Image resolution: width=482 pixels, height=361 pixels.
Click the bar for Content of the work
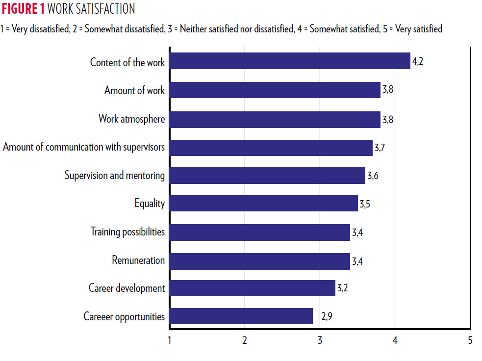click(x=289, y=61)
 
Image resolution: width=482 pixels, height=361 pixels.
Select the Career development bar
click(x=252, y=288)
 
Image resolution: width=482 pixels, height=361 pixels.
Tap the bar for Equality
click(x=263, y=203)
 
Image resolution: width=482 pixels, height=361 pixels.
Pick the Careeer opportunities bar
click(x=241, y=316)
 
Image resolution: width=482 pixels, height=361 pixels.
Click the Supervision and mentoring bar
click(x=267, y=175)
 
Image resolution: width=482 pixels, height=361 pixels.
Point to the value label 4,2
click(x=417, y=62)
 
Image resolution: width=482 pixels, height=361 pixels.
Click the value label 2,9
click(x=327, y=317)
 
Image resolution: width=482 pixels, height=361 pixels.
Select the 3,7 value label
click(x=380, y=147)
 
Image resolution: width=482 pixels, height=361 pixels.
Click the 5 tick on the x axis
click(x=470, y=340)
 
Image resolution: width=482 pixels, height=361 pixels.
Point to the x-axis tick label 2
click(x=245, y=340)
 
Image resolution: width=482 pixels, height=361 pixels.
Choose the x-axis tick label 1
click(x=170, y=340)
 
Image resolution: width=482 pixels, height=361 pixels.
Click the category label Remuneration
click(x=138, y=260)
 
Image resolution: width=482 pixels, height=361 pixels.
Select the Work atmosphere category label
click(x=131, y=119)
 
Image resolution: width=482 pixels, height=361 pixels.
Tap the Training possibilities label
click(x=127, y=232)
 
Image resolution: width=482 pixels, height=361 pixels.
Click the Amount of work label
click(x=134, y=91)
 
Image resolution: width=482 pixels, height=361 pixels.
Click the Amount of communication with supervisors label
click(x=84, y=147)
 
